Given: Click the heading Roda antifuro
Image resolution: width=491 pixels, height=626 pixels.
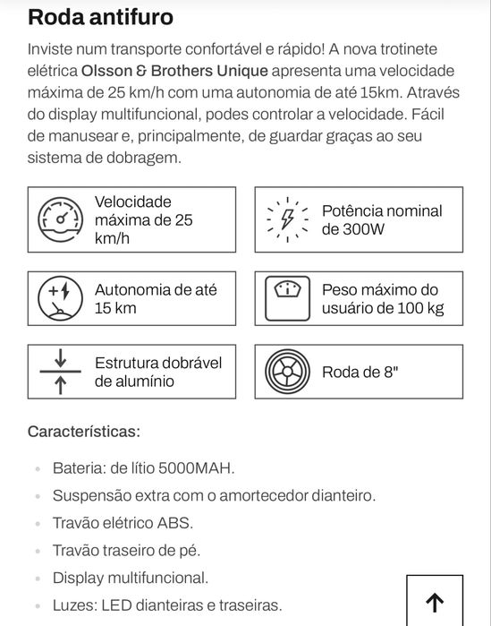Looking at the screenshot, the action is [x=100, y=16].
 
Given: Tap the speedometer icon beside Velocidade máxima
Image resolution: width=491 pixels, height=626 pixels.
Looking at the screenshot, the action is [x=60, y=219].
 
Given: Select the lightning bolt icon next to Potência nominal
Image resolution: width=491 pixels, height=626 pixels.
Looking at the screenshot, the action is [x=288, y=219].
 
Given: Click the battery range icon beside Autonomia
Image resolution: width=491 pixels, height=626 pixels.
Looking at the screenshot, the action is [x=60, y=297].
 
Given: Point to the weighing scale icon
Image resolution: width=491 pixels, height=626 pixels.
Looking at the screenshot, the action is [x=288, y=297].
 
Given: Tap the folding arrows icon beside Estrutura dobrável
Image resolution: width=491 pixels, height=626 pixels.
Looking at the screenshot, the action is [x=60, y=372].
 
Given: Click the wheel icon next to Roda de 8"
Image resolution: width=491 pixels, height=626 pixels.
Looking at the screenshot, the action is [x=288, y=372].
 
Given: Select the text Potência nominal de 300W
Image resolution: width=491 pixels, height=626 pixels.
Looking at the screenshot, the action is [x=382, y=219].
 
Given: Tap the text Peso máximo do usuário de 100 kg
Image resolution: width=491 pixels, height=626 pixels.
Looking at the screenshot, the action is [x=382, y=299].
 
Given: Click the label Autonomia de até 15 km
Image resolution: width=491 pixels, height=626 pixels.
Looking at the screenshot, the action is [x=156, y=299].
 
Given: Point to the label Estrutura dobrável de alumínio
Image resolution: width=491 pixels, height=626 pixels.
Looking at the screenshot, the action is [x=158, y=372].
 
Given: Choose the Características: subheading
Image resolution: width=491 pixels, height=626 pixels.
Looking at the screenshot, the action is [x=84, y=432].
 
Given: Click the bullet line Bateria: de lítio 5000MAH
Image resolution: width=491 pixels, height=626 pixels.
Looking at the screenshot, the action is [x=143, y=467].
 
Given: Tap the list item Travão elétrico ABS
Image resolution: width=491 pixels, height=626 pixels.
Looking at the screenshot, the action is [x=123, y=523].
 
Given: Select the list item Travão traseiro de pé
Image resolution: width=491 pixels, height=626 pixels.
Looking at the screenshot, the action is [x=126, y=551].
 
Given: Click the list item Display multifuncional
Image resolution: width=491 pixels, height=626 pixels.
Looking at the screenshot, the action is [x=131, y=578].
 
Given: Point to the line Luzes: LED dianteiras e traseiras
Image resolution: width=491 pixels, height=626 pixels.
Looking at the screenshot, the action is [x=167, y=605].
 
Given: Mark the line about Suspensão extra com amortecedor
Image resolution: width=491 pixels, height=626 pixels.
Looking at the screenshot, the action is [x=214, y=495].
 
